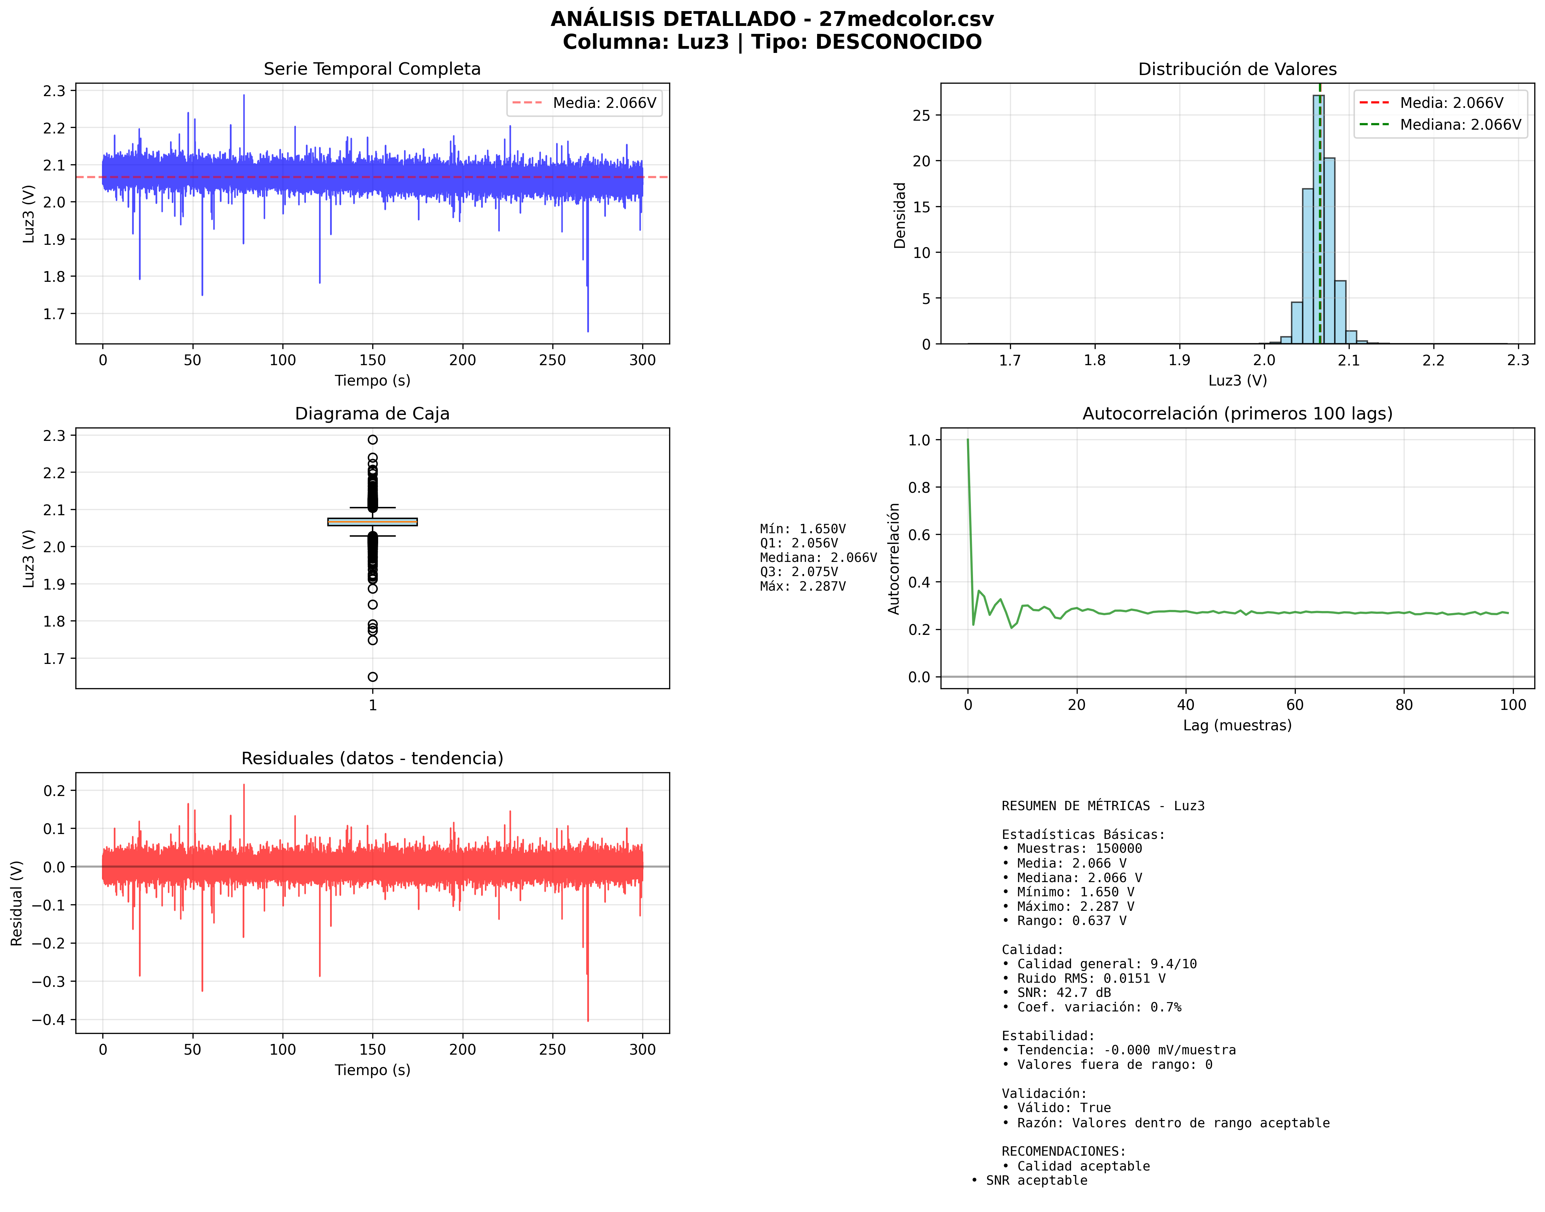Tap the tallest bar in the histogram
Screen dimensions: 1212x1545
(1318, 220)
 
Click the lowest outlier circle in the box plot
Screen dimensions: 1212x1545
(372, 677)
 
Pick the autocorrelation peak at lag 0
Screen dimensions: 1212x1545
(967, 441)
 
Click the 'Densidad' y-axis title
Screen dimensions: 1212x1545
(899, 215)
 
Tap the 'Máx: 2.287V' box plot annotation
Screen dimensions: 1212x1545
(802, 586)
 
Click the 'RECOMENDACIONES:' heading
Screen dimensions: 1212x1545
(1063, 1151)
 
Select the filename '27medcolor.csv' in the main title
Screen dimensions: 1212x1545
(906, 19)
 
